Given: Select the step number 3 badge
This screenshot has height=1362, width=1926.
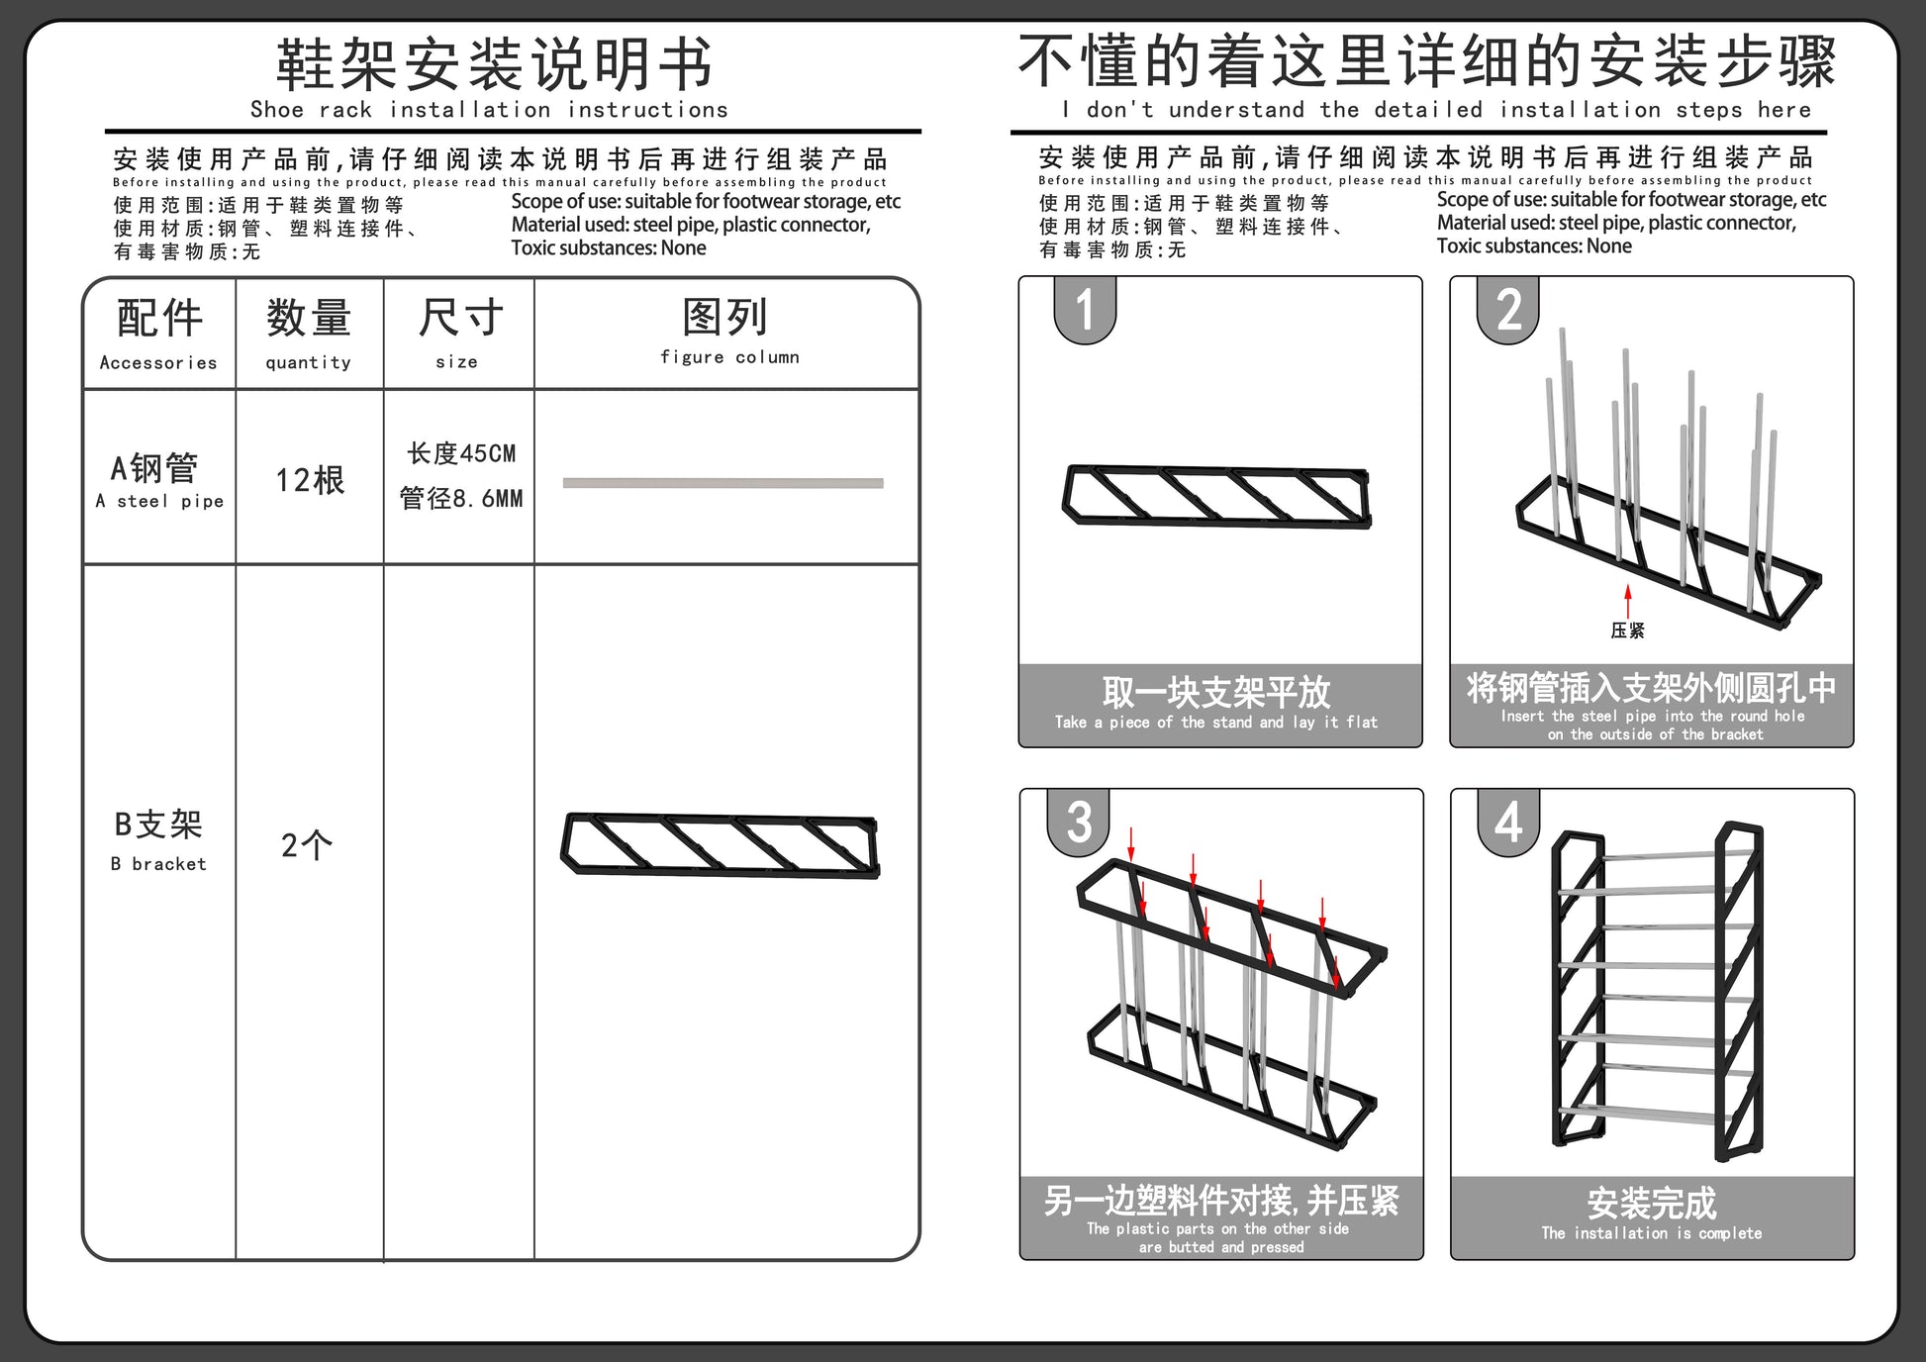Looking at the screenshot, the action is pos(1079,822).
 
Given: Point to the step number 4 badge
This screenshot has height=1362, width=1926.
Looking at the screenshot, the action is pos(1508,822).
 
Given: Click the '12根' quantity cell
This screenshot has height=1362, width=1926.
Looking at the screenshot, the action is pos(310,480).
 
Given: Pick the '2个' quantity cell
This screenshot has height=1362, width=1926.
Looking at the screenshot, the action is pos(307,845).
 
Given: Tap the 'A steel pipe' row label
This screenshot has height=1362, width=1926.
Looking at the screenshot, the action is pos(159,501).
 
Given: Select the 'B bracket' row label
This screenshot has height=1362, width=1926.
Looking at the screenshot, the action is pos(158,863).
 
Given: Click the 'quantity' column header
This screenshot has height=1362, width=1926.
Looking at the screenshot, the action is pos(308,362).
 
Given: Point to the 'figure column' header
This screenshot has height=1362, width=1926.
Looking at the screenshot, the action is pos(729,356).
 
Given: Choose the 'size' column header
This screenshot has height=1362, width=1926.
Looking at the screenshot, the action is pos(456,362).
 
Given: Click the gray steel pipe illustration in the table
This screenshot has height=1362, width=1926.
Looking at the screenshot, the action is pos(722,483).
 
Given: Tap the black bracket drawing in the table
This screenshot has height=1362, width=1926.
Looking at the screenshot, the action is pos(721,844).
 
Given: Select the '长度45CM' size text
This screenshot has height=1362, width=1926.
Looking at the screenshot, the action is pos(461,453).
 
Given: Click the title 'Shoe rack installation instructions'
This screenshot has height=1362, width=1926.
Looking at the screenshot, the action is pos(489,109).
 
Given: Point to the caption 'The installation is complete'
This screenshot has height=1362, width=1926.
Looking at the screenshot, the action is pos(1651,1232).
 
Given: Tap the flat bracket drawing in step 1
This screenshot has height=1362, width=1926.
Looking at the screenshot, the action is pos(1216,497).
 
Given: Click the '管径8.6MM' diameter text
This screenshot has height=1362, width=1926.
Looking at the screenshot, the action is pos(461,498).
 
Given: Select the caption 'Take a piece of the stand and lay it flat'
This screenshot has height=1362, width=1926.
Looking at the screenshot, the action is pos(1215,722).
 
